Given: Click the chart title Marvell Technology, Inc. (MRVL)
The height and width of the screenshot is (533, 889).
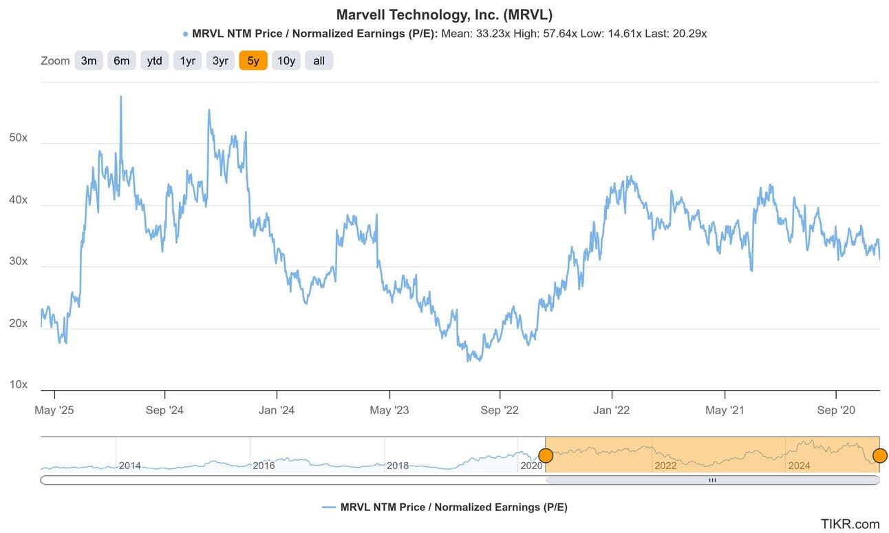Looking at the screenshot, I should pyautogui.click(x=444, y=14).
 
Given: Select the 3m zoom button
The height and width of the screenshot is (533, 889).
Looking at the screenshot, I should pyautogui.click(x=89, y=61).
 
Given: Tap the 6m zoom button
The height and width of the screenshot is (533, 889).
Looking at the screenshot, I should pyautogui.click(x=121, y=61).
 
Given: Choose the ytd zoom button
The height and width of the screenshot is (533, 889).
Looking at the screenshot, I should pyautogui.click(x=154, y=61).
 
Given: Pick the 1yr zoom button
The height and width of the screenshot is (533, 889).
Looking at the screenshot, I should pyautogui.click(x=187, y=61).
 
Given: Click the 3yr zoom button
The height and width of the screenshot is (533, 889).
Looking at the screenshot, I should pyautogui.click(x=220, y=61).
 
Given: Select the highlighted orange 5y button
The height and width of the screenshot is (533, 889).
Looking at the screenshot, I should pyautogui.click(x=253, y=61).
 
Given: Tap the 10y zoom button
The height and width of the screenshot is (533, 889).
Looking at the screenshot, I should pyautogui.click(x=286, y=61).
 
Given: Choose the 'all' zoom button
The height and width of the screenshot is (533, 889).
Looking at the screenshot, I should pyautogui.click(x=319, y=61).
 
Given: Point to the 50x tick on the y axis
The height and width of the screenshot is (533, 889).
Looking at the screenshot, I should pyautogui.click(x=18, y=138).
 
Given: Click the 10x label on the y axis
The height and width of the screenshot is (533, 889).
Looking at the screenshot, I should pyautogui.click(x=18, y=384).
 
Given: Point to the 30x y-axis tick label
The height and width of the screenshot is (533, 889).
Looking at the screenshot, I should pyautogui.click(x=18, y=261).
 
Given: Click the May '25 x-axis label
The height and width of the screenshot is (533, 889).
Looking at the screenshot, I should pyautogui.click(x=54, y=411).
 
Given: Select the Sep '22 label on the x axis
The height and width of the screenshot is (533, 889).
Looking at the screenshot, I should pyautogui.click(x=500, y=411).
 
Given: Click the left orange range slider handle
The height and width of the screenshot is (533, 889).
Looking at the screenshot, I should pyautogui.click(x=546, y=455).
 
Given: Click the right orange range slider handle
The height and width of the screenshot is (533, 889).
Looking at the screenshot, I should pyautogui.click(x=879, y=455).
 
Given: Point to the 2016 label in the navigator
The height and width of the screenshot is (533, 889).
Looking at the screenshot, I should pyautogui.click(x=264, y=466).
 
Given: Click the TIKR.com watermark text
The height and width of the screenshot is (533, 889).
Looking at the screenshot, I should pyautogui.click(x=850, y=524).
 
